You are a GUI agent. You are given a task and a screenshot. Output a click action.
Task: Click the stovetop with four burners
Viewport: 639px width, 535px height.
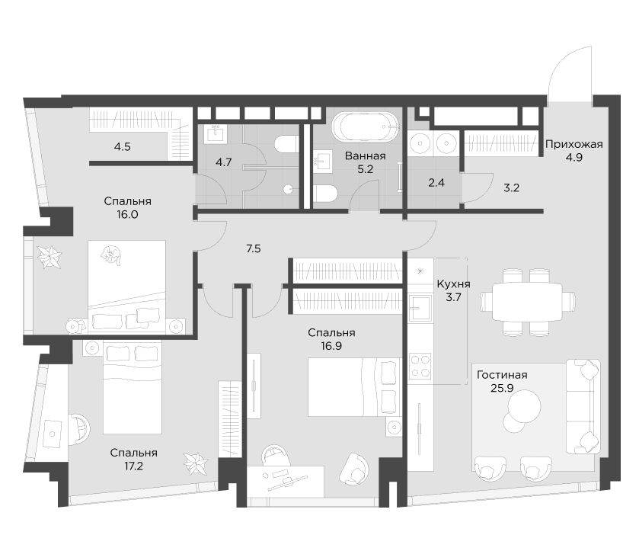tap(420, 367)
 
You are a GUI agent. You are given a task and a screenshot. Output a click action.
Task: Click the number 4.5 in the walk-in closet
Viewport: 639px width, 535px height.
tap(123, 146)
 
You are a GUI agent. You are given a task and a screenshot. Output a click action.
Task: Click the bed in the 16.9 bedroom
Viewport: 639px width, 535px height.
tap(354, 387)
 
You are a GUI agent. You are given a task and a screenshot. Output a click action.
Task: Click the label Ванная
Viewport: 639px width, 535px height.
tap(365, 156)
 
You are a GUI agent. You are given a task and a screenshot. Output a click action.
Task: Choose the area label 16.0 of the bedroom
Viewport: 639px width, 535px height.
tap(128, 215)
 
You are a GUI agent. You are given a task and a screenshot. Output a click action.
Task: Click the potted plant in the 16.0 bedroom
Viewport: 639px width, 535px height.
tap(52, 258)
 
